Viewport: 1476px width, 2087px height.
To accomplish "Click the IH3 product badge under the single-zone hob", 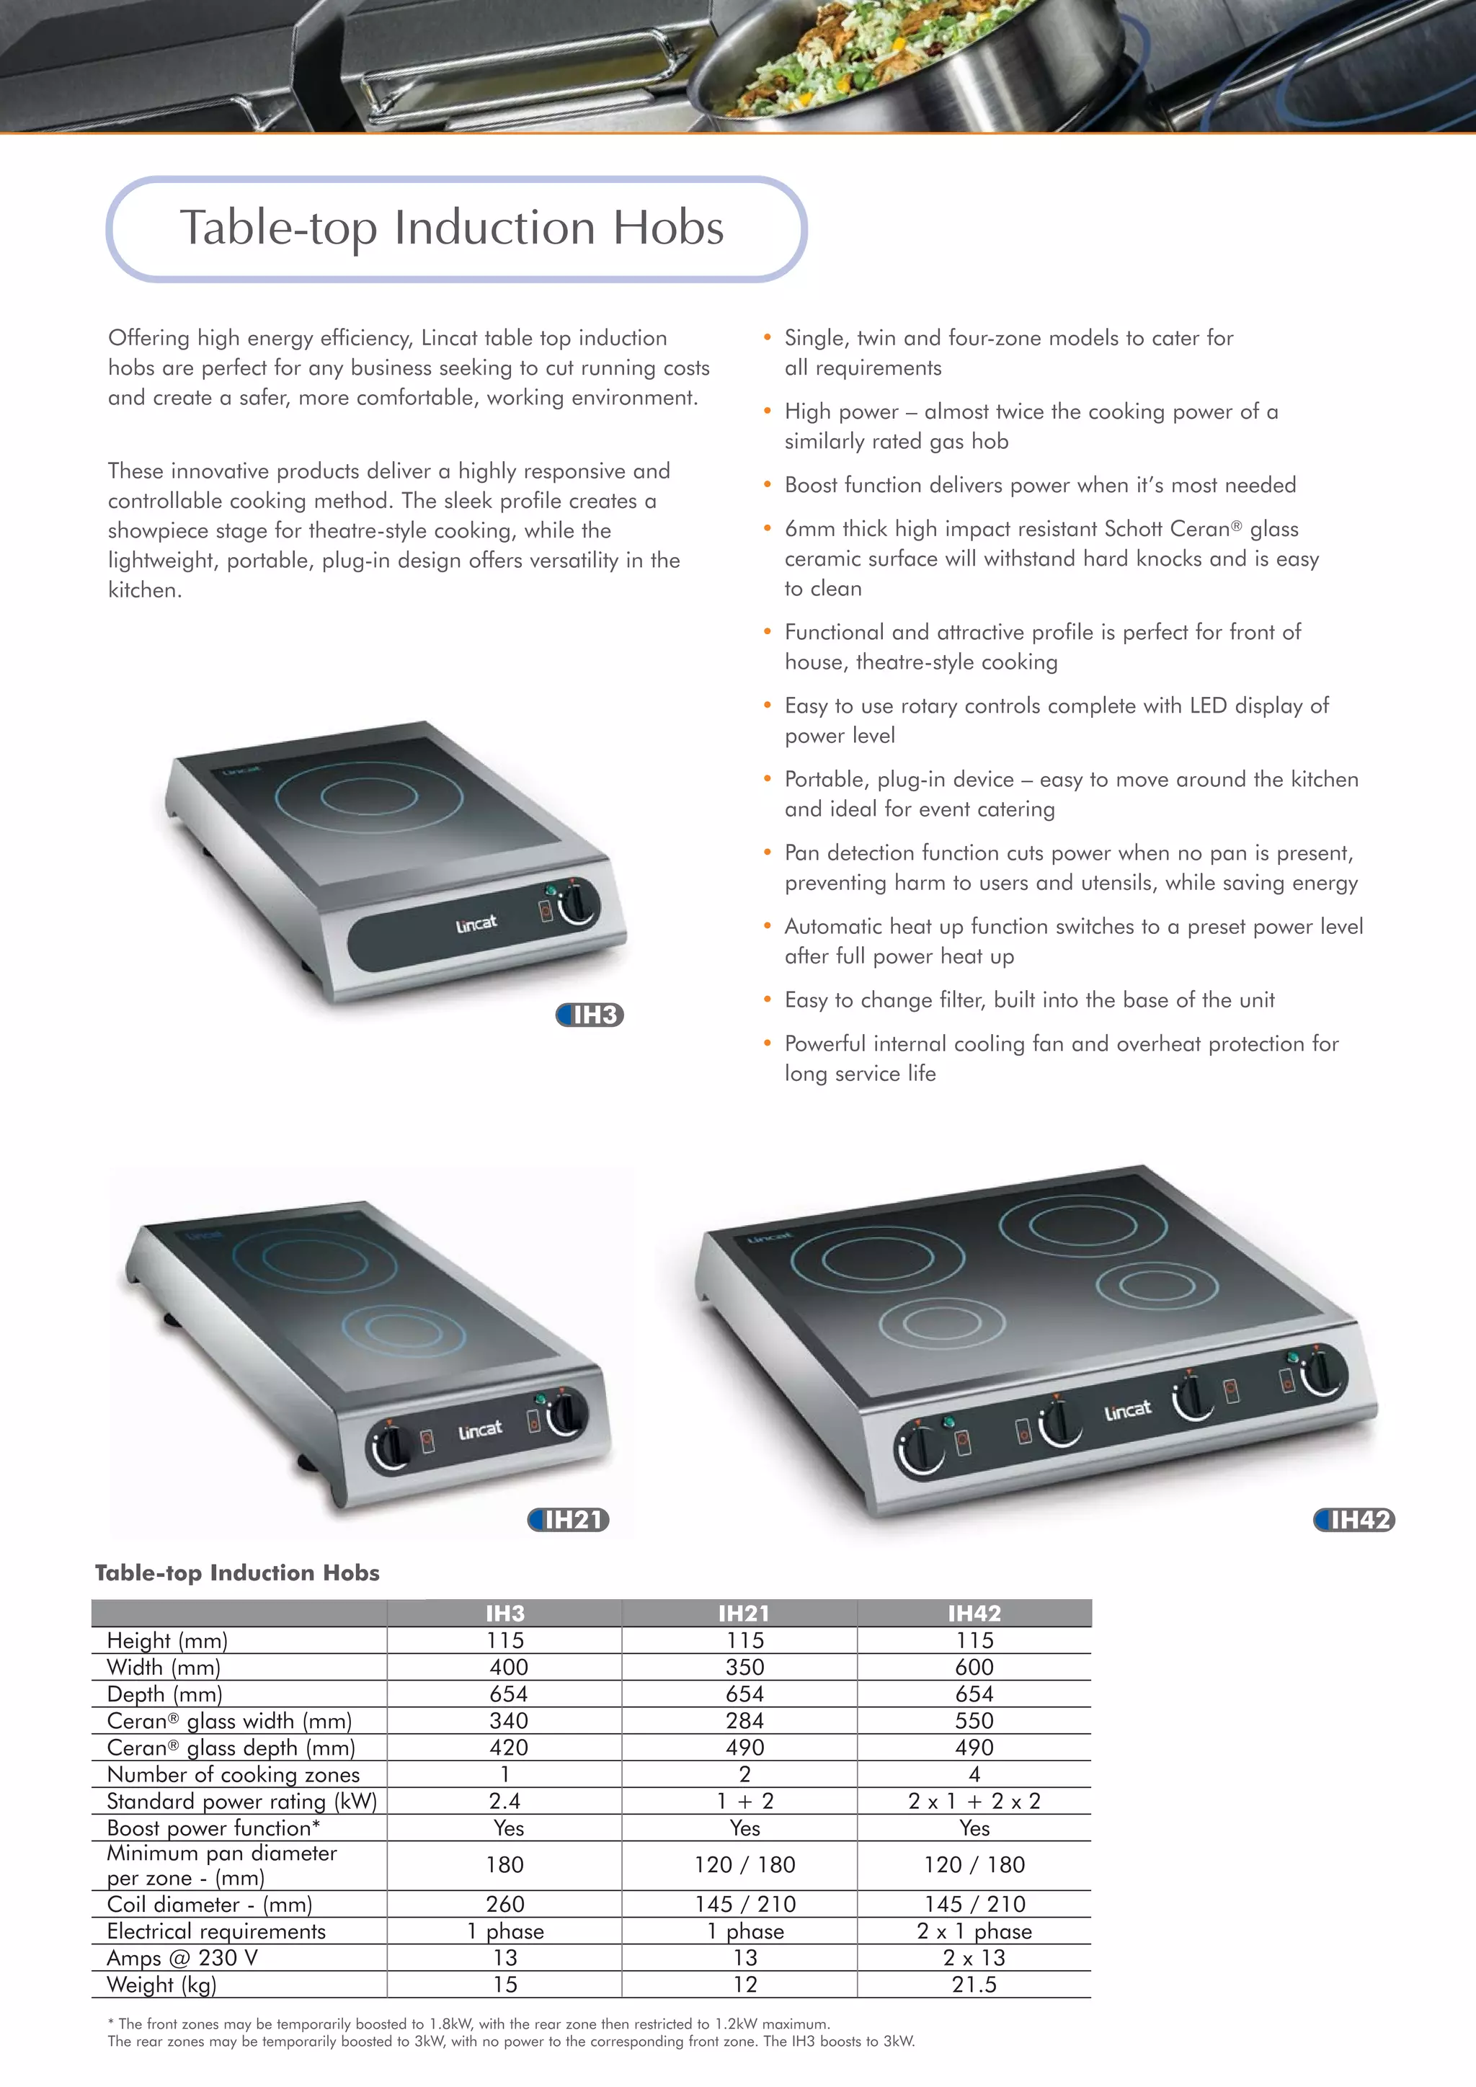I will click(590, 1015).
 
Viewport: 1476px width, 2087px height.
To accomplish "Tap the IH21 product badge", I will click(569, 1519).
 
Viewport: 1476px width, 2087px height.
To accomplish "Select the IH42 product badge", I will click(1354, 1519).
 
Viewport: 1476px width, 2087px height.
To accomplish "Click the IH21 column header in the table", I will click(744, 1614).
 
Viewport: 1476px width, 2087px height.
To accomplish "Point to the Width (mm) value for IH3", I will click(508, 1667).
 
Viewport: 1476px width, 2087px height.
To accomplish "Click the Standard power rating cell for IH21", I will click(744, 1801).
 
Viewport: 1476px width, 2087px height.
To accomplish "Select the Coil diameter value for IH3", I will click(505, 1903).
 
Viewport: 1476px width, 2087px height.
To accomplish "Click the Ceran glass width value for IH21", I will click(744, 1721).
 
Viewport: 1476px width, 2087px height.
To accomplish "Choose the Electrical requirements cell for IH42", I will click(974, 1931).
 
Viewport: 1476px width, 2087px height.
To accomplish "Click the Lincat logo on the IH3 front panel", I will click(476, 925).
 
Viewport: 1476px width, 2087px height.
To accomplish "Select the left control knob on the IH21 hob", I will click(389, 1446).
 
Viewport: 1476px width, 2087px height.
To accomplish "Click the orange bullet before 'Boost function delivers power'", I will click(767, 486).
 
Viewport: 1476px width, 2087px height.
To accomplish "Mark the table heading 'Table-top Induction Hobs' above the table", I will click(237, 1572).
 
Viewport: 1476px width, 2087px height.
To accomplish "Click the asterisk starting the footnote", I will click(111, 2024).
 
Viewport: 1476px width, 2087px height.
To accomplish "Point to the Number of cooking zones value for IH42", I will click(974, 1774).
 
